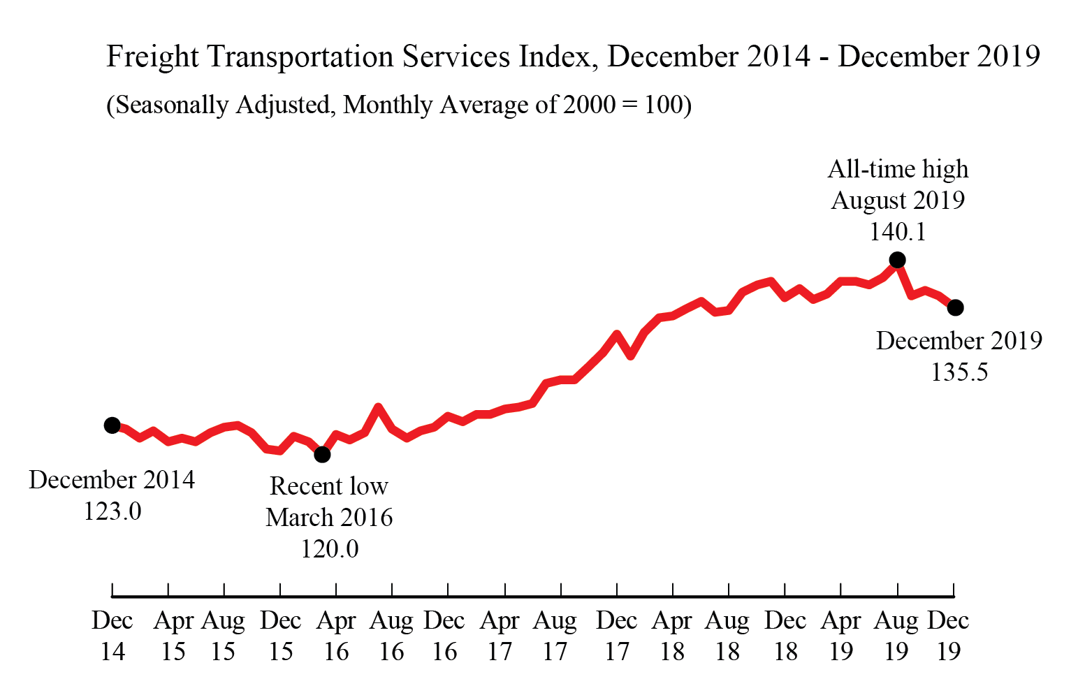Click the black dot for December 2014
point(112,425)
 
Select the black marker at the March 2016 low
point(322,455)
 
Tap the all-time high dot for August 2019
point(898,260)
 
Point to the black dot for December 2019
point(956,307)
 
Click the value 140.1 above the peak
point(898,232)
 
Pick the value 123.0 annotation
point(112,511)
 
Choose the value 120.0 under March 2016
point(329,549)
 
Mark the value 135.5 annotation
point(959,372)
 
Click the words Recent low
point(329,486)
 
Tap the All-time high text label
point(898,170)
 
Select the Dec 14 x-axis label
point(112,636)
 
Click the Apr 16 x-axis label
point(336,636)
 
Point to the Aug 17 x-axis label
point(555,636)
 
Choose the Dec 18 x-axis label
point(785,636)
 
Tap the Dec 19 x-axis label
point(948,636)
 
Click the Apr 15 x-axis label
point(173,636)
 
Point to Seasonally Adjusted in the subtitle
point(223,105)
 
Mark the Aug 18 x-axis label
point(727,636)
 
